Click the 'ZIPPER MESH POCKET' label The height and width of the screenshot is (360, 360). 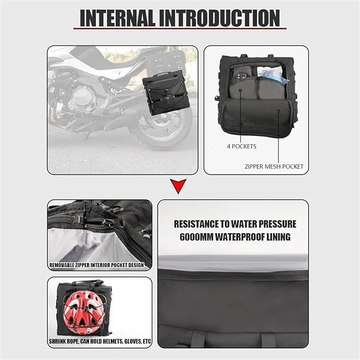[274, 166]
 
